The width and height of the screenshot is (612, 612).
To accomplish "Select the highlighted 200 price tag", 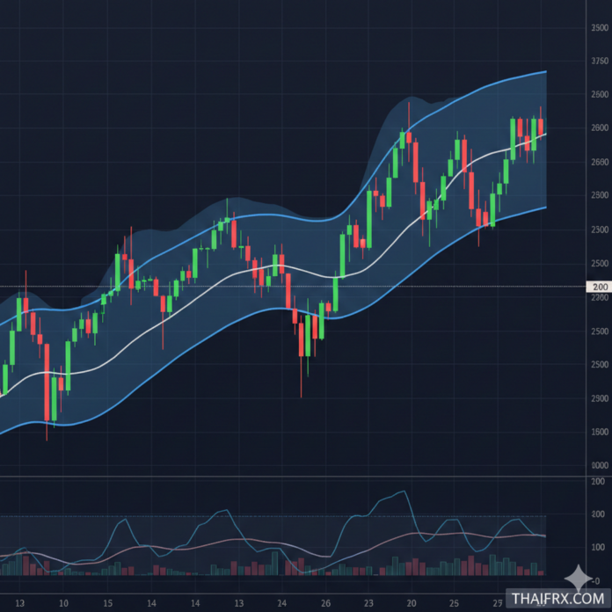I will point(601,287).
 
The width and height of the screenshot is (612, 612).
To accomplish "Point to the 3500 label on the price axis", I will point(600,28).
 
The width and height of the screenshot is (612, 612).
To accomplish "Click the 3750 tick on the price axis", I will point(600,62).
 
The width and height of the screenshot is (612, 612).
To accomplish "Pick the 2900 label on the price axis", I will point(600,398).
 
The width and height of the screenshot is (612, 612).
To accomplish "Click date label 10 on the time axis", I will point(63,603).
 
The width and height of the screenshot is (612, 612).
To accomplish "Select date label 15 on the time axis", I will point(107,603).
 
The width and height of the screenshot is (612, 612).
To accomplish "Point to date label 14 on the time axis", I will point(194,603).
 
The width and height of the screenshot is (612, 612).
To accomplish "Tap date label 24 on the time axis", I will point(281,603).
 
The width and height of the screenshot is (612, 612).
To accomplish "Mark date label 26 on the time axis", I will point(325,603).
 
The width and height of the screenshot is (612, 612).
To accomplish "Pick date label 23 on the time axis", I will point(368,603).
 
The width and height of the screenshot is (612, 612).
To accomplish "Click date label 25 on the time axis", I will point(454,603).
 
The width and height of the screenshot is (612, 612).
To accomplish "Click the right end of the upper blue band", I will point(545,72).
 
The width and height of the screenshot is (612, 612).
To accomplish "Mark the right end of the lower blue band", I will point(545,208).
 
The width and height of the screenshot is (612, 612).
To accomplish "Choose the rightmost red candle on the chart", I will point(541,127).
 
